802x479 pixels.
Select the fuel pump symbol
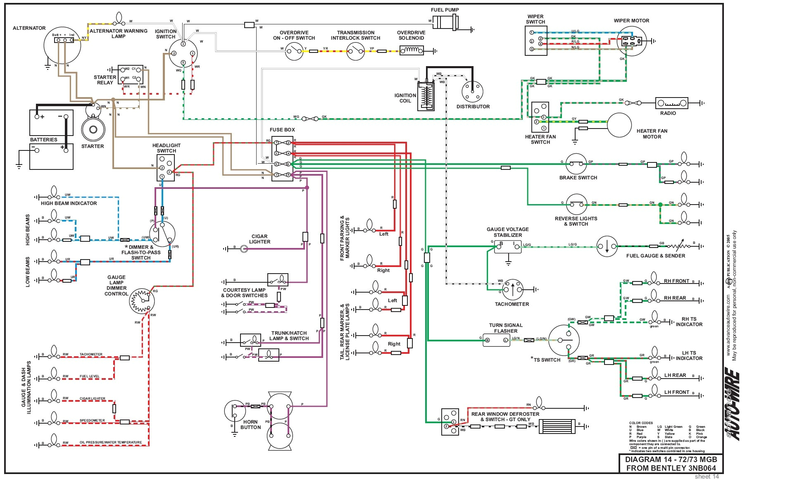(x=445, y=21)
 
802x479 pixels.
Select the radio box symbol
(x=671, y=103)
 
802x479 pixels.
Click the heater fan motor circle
(x=619, y=125)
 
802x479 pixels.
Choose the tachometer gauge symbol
(x=512, y=289)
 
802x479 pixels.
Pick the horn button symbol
(x=235, y=411)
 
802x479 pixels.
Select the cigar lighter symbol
(x=244, y=249)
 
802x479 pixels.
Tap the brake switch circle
(x=576, y=164)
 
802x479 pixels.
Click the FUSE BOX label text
(x=282, y=130)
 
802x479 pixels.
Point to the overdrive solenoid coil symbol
(x=411, y=50)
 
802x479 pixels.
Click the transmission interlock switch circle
(x=355, y=51)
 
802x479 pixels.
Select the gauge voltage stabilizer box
(x=508, y=247)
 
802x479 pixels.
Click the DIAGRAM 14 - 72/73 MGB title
(x=671, y=460)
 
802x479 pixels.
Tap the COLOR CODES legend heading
(x=641, y=423)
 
